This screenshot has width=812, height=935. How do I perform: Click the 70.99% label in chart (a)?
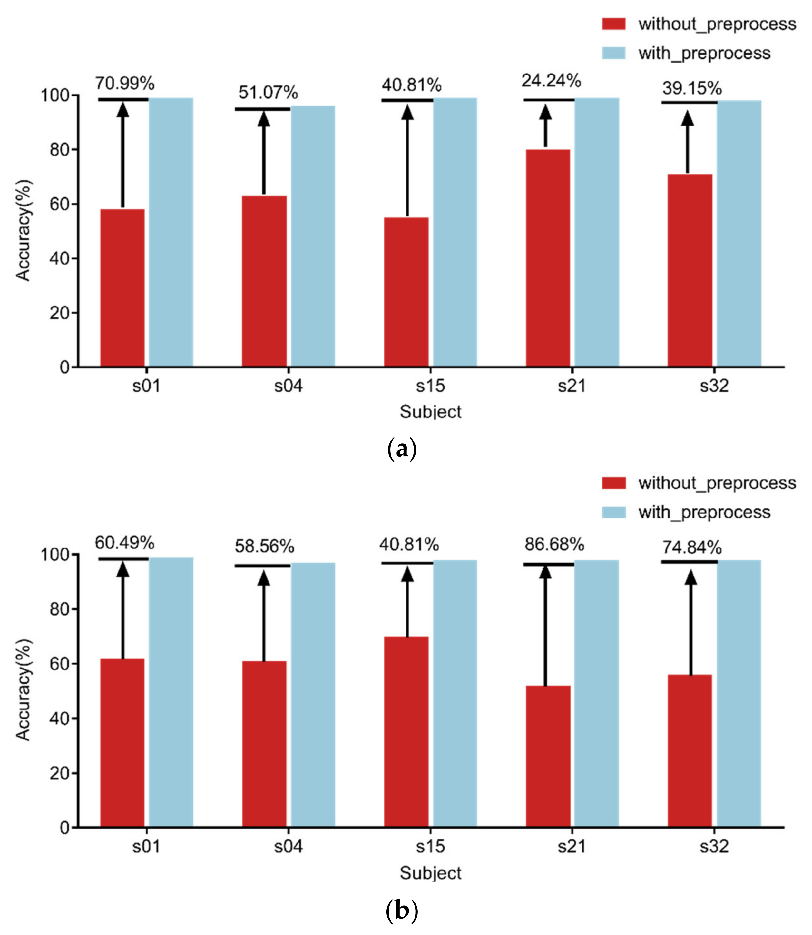125,84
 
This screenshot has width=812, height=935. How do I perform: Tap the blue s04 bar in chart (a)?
313,236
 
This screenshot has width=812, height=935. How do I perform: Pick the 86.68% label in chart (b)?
554,545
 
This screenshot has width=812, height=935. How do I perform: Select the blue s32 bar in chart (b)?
739,694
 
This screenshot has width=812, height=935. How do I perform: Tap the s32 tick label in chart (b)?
714,847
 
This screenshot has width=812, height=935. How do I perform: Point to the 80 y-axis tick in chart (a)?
59,150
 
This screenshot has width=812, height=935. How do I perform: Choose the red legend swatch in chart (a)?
613,24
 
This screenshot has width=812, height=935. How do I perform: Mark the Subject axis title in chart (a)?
430,412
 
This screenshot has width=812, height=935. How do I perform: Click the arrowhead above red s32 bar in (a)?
687,119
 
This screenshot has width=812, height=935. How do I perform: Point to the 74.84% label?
691,548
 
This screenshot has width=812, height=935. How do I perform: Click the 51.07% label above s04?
268,93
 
